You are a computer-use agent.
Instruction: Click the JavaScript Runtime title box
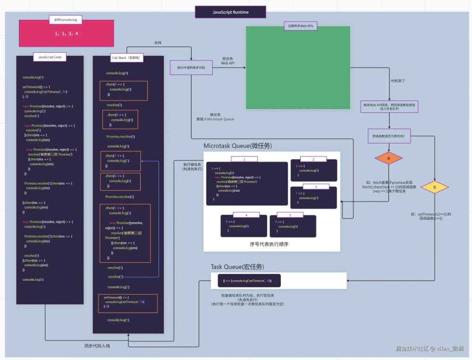(230, 12)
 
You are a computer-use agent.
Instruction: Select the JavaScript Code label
(50, 57)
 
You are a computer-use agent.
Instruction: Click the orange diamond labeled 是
(388, 158)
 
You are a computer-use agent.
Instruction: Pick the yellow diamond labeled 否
(434, 187)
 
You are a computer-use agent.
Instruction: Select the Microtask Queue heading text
(237, 146)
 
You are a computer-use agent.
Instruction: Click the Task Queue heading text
(237, 267)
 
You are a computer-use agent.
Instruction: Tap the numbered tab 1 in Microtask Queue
(244, 159)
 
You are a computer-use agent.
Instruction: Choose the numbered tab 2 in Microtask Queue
(313, 159)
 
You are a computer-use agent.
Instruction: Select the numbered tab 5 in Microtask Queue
(290, 215)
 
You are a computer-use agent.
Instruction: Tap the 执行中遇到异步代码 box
(191, 67)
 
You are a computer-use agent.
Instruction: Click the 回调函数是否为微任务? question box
(389, 136)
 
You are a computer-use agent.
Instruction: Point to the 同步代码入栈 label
(98, 346)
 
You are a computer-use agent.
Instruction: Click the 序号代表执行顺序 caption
(269, 244)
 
